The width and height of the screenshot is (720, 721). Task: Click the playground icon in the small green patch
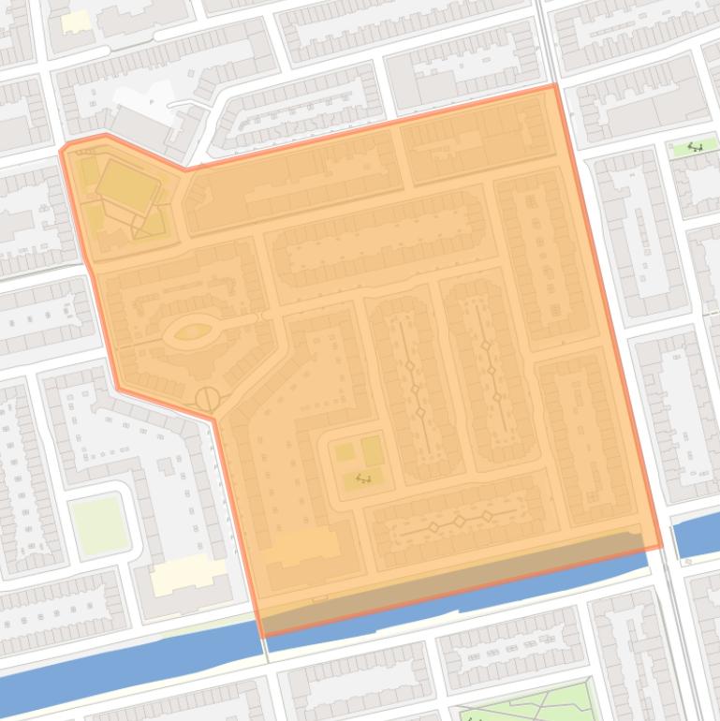(x=695, y=146)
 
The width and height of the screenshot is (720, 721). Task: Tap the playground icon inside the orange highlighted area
(x=363, y=479)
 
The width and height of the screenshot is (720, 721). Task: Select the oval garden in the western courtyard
(x=193, y=331)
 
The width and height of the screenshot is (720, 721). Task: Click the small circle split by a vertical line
(x=207, y=400)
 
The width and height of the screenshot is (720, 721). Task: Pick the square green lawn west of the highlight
(x=98, y=524)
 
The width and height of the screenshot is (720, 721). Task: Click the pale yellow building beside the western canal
(x=189, y=574)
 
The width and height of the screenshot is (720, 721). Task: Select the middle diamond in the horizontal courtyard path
(x=460, y=522)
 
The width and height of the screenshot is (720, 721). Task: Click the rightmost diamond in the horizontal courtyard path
(x=487, y=516)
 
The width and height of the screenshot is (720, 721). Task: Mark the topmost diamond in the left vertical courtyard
(x=409, y=366)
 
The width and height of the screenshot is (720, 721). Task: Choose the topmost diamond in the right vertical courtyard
(x=486, y=346)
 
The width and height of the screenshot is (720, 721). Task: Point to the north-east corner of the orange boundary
(x=555, y=85)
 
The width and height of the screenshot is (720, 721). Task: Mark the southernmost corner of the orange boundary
(x=263, y=636)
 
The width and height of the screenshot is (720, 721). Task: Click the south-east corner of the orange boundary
(x=662, y=547)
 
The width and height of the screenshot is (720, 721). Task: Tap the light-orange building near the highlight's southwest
(x=301, y=547)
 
